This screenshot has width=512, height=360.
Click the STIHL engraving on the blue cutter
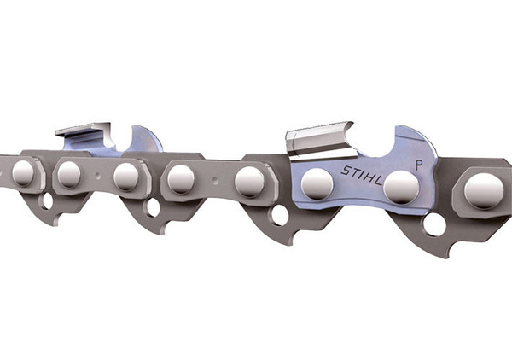[x=361, y=175]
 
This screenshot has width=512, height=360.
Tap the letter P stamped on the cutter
[x=419, y=165]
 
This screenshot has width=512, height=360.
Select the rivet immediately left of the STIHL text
[x=317, y=184]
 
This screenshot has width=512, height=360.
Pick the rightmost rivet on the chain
[x=483, y=191]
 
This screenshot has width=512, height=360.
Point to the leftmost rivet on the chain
[x=23, y=174]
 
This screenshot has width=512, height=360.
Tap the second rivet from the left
[x=69, y=175]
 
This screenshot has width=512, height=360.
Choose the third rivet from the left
[x=126, y=177]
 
